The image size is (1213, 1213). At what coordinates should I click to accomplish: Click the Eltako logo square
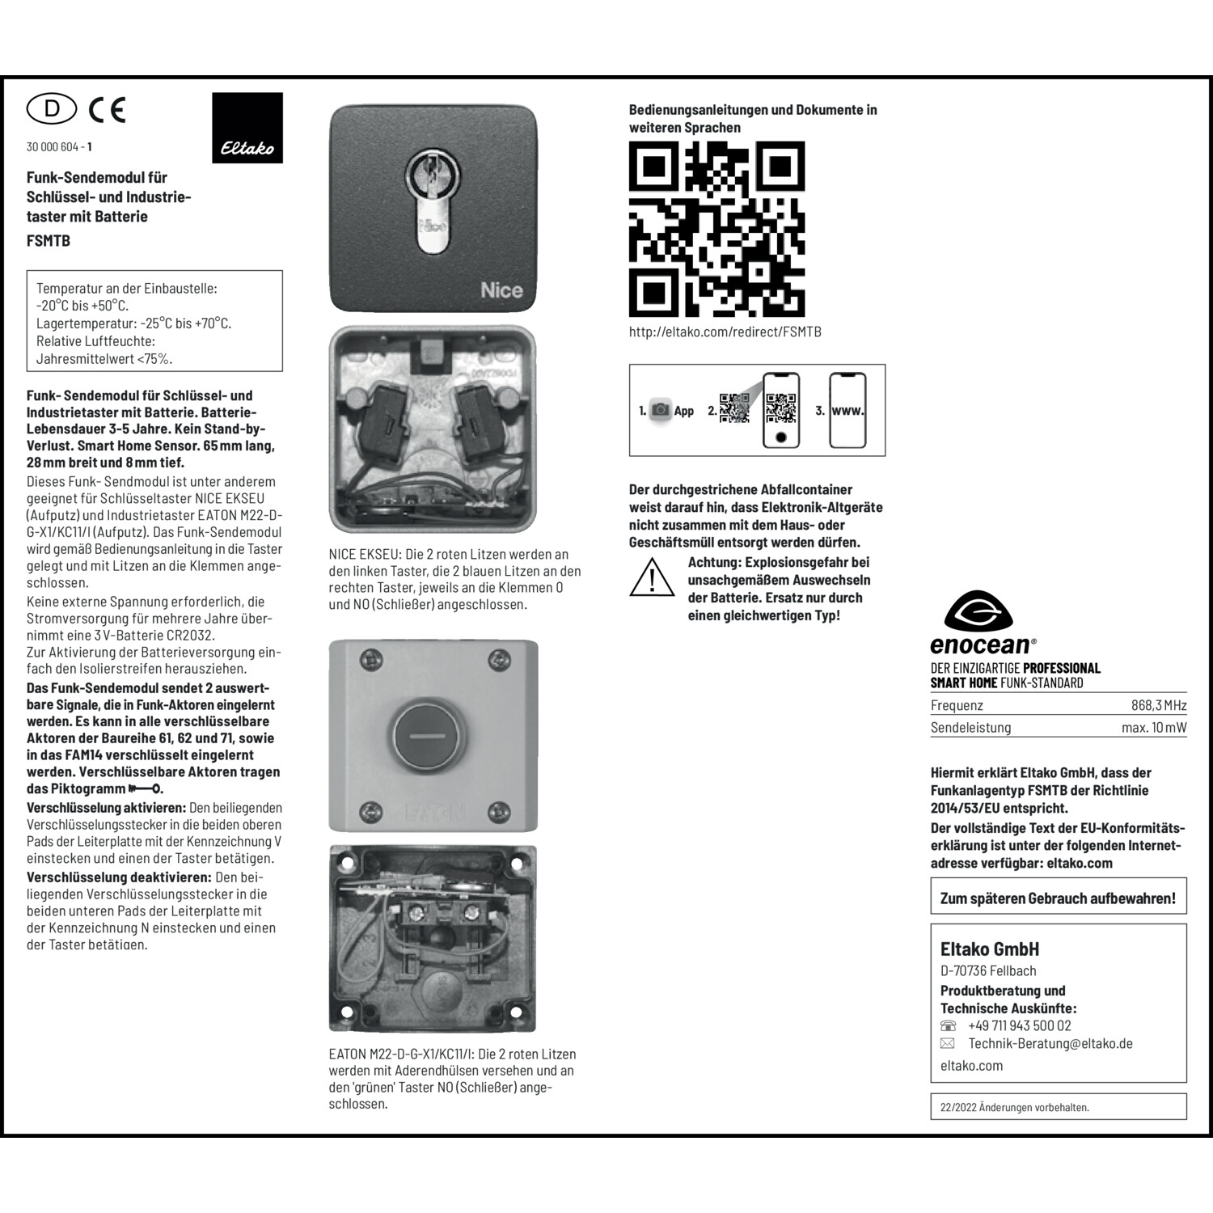(247, 128)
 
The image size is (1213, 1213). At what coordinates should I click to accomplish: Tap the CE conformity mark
(108, 109)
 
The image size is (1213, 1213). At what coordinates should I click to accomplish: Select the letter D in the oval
(52, 108)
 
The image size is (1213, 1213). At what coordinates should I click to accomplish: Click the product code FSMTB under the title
(49, 240)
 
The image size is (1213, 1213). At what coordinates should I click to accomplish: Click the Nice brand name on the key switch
(501, 290)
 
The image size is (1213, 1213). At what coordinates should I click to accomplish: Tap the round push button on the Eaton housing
(429, 736)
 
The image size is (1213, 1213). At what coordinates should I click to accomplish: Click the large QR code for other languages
(716, 229)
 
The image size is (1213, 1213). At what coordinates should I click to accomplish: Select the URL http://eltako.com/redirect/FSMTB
(725, 332)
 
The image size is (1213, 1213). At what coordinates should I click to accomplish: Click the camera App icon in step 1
(661, 410)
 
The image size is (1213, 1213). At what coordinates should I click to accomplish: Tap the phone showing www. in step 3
(847, 410)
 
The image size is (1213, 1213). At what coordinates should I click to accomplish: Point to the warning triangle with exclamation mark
(652, 577)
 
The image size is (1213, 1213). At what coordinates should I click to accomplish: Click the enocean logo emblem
(978, 611)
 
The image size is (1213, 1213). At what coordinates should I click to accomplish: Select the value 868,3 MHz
(1158, 705)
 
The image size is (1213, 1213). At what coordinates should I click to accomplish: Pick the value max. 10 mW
(1153, 727)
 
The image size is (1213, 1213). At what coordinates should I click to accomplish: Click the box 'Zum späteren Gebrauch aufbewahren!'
(1058, 898)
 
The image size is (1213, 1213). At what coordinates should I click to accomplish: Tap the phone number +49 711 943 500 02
(1019, 1025)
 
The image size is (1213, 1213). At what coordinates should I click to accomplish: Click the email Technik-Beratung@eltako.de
(1050, 1043)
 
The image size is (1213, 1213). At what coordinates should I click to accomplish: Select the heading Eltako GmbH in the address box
(989, 949)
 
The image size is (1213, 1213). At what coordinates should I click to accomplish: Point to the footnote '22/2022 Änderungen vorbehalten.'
(1014, 1107)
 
